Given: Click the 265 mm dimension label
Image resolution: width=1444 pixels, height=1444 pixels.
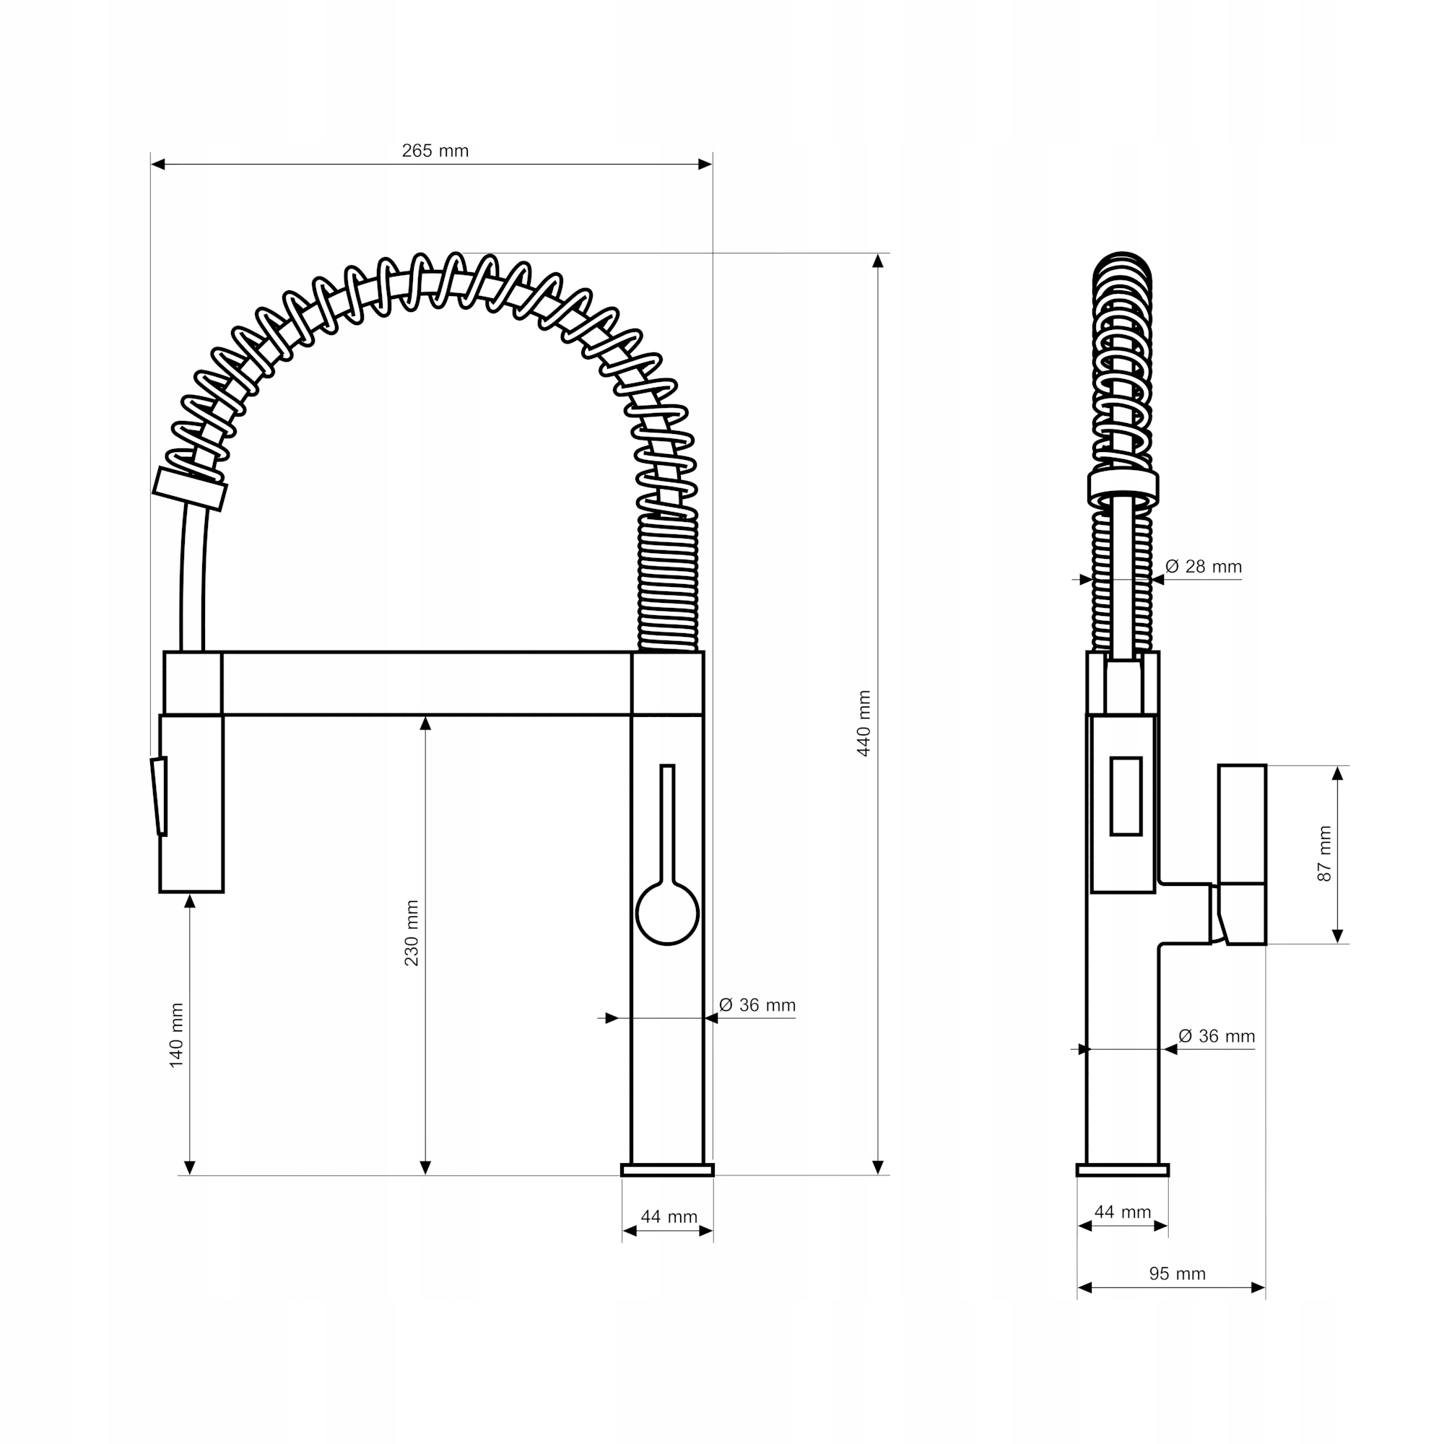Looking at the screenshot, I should coord(435,151).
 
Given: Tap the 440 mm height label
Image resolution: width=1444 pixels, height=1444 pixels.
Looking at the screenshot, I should coord(864,723).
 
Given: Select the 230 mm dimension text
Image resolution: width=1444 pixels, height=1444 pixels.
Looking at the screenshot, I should coord(412,933).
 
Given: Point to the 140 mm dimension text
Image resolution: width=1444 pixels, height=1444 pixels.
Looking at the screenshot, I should coord(176,1035).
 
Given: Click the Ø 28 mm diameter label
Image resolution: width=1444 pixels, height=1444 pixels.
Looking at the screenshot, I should coord(1204,567).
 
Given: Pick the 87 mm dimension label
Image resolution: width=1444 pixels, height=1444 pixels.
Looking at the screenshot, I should coord(1324,853).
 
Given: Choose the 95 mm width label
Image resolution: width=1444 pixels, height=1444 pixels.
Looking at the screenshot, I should coord(1177,1274).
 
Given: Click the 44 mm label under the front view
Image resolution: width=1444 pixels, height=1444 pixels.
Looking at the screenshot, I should coord(669,1217).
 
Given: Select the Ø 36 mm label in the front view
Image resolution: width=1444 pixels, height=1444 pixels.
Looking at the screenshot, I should coord(757,1005).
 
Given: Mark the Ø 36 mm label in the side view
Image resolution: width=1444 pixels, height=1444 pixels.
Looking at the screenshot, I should coord(1217,1036).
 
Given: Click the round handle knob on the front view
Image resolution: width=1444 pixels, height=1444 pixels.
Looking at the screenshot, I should coord(666,913).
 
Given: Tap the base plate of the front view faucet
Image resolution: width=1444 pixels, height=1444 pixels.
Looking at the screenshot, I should coord(667,1170).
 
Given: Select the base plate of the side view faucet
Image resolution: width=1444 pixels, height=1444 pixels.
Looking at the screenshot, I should coord(1123,1170).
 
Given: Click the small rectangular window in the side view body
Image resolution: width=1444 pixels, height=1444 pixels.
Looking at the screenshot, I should coord(1126,796).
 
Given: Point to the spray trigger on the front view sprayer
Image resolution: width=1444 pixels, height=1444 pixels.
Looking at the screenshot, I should coord(159,796).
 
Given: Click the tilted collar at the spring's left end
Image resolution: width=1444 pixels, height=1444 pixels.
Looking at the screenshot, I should coord(190,490).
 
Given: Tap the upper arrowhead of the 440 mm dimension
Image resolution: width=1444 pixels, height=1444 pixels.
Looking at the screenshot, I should coord(878,261).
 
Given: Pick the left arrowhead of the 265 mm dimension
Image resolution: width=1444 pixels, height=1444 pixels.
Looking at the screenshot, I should coord(157,165).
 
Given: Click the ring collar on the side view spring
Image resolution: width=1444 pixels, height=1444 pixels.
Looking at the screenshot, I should coord(1123,488).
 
